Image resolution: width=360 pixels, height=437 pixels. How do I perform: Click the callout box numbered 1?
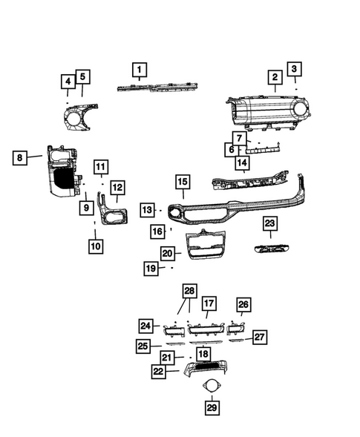139,70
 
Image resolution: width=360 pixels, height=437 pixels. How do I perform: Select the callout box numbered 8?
22,157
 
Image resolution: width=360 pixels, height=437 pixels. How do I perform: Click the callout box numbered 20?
167,254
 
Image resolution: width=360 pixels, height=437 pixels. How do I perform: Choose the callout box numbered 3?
295,70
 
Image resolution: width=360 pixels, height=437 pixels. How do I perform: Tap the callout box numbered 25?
144,346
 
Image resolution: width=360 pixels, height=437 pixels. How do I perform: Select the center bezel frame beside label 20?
204,245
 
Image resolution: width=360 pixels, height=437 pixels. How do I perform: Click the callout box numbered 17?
209,303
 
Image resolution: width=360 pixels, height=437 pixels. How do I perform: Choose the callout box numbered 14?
242,162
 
